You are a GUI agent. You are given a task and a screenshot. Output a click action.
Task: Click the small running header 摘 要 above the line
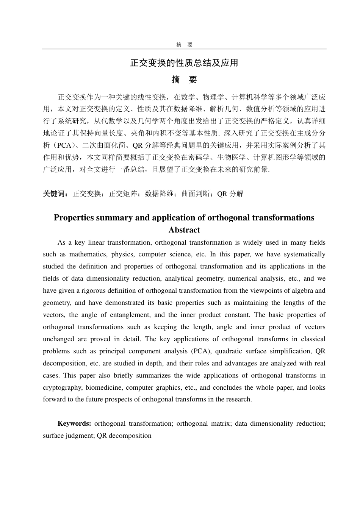tap(184, 45)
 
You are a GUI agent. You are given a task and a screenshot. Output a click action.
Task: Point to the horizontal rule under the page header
tap(184, 49)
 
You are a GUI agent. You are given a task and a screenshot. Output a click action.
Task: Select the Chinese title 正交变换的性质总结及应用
tap(184, 63)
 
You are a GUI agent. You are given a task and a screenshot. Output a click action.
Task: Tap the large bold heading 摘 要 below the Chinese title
tap(184, 80)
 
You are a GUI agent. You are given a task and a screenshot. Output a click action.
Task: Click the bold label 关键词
tap(55, 194)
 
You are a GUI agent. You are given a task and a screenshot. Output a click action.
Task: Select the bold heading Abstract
tap(184, 230)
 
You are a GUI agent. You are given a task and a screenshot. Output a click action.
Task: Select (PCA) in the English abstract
tap(201, 351)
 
